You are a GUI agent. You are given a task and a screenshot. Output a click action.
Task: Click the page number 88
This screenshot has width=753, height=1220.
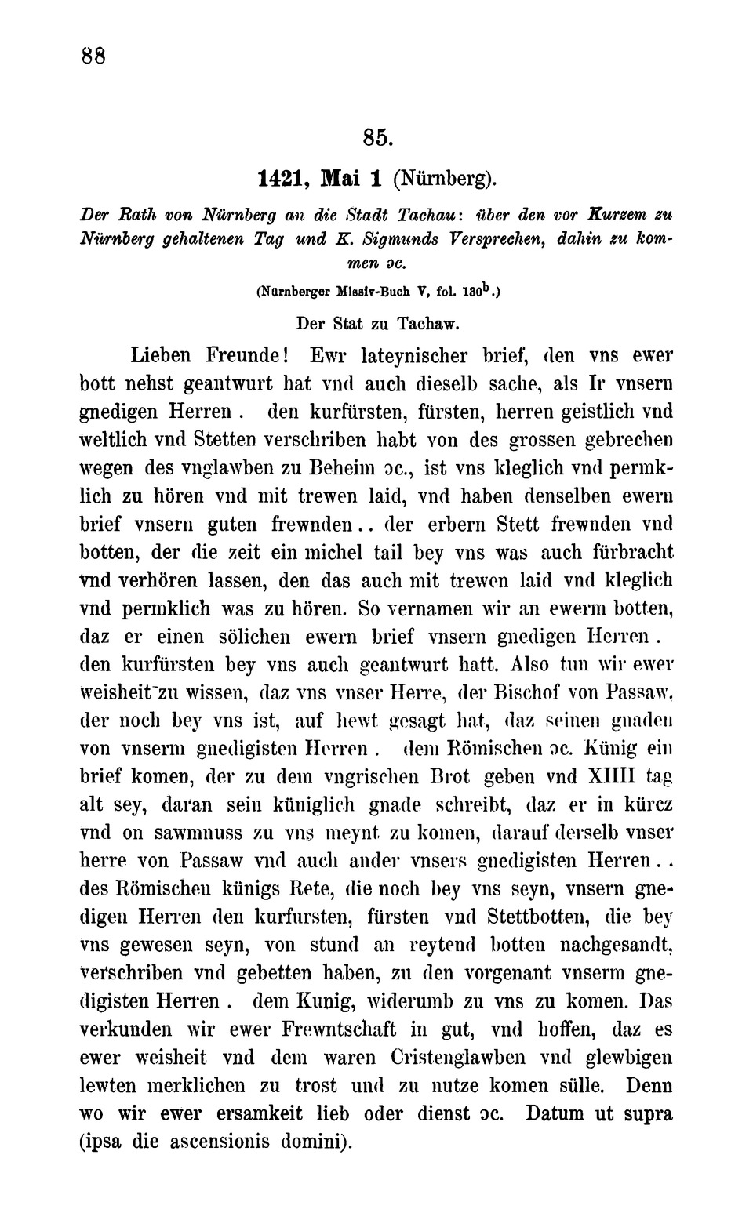pyautogui.click(x=93, y=56)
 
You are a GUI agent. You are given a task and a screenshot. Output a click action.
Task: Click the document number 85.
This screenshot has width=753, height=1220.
pyautogui.click(x=376, y=137)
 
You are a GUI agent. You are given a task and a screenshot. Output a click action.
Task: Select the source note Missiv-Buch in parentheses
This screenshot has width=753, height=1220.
pyautogui.click(x=368, y=291)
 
